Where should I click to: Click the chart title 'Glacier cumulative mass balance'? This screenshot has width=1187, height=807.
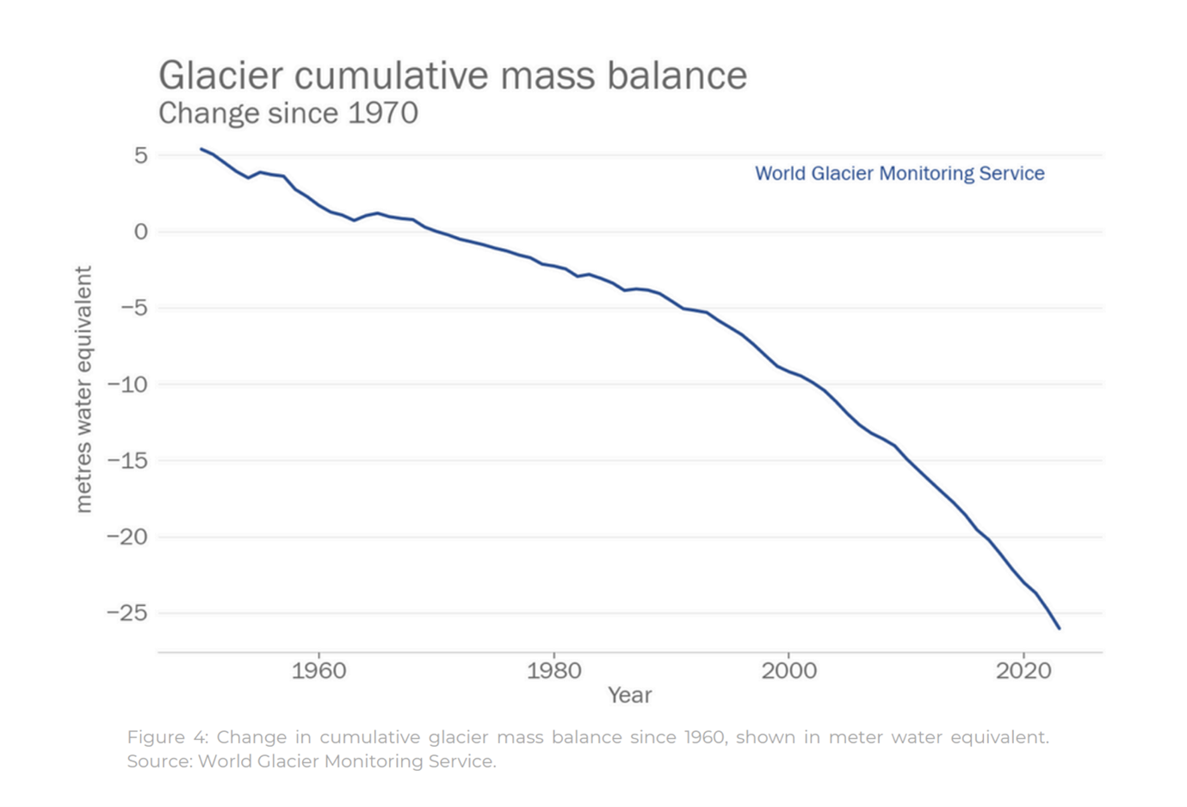(x=452, y=76)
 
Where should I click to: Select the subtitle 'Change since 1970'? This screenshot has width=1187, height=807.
(x=287, y=113)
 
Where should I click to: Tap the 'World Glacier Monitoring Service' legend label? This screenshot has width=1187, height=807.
(x=900, y=173)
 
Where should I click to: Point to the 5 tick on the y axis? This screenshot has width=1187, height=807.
(x=140, y=156)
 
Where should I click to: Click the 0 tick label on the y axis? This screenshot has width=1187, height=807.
(x=140, y=232)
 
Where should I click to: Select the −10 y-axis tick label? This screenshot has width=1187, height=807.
(x=127, y=384)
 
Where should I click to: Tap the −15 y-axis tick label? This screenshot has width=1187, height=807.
(x=127, y=460)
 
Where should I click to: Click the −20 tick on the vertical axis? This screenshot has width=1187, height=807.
(x=127, y=537)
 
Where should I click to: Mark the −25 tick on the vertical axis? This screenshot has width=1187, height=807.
(x=127, y=612)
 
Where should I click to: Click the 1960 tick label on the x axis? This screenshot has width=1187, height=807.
(x=318, y=670)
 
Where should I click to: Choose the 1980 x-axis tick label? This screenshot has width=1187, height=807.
(x=553, y=670)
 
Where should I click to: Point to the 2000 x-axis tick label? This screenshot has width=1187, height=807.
(x=788, y=670)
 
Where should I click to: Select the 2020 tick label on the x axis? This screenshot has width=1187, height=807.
(x=1023, y=670)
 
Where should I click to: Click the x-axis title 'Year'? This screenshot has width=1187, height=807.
(x=629, y=695)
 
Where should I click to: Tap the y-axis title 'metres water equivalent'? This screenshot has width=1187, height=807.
(x=83, y=389)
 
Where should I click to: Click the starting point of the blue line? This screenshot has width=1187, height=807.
(x=201, y=149)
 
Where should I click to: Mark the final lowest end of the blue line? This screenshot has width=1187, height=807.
(x=1059, y=628)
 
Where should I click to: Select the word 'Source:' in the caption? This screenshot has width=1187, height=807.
(x=159, y=761)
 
